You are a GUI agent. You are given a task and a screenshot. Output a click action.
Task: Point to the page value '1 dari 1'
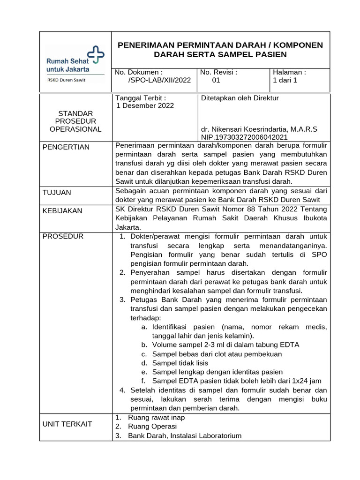[x=285, y=80]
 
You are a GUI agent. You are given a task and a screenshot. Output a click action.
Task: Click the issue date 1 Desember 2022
[x=145, y=105]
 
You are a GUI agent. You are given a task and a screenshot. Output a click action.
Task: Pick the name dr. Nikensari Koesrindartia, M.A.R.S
[x=259, y=129]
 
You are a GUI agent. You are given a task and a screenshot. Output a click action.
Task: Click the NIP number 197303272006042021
[x=244, y=137]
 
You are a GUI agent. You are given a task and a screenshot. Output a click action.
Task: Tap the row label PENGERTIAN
[x=66, y=147]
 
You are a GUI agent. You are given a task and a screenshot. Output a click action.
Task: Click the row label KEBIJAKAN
[x=62, y=211]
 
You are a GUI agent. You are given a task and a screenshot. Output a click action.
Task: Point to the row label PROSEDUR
[x=63, y=236]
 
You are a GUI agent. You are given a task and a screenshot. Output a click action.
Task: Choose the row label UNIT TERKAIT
[x=67, y=424]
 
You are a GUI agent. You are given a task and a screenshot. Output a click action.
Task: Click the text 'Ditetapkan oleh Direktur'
[x=240, y=98]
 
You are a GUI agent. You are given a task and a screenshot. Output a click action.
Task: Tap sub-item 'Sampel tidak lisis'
[x=180, y=363]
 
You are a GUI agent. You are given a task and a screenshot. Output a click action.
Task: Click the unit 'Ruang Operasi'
[x=152, y=427]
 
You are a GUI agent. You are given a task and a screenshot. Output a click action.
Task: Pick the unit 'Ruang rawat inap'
[x=157, y=417]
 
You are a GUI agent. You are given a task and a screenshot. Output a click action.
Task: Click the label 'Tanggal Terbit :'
[x=141, y=98]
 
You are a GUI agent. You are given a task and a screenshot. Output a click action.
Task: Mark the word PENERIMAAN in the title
[x=144, y=45]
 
